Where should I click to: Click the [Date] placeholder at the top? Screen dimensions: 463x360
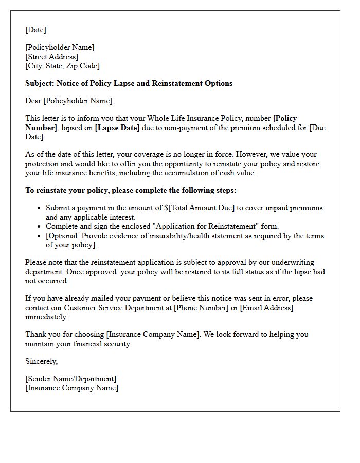point(35,30)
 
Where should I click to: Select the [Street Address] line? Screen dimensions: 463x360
point(52,57)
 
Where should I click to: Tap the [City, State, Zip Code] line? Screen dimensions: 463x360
point(62,66)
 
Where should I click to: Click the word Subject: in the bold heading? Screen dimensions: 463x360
point(40,83)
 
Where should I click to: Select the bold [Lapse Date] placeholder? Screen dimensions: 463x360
point(117,128)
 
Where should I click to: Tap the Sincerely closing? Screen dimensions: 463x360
point(41,361)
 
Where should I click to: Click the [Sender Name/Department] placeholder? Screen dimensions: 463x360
point(70,379)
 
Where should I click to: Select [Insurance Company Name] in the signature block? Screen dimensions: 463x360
point(71,388)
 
